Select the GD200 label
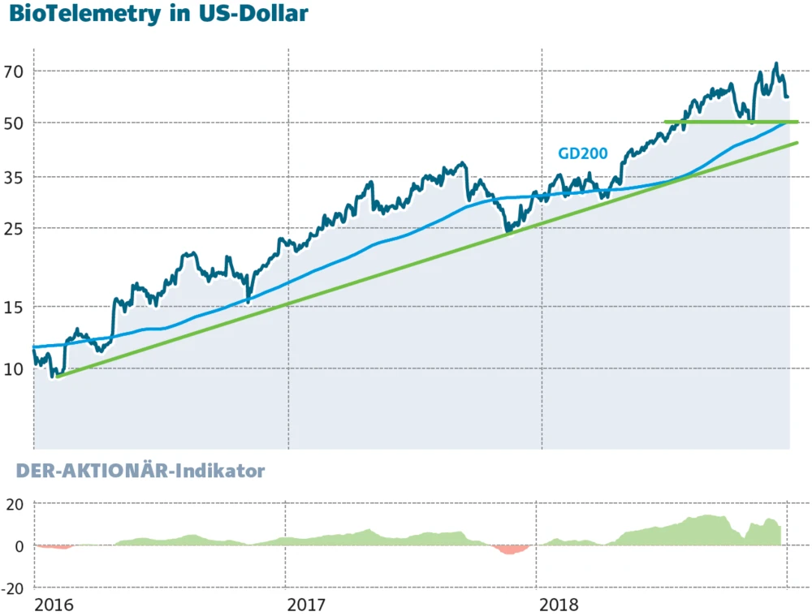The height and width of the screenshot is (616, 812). pyautogui.click(x=582, y=153)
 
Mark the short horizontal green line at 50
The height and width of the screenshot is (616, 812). pyautogui.click(x=731, y=122)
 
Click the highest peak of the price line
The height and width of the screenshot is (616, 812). pyautogui.click(x=776, y=64)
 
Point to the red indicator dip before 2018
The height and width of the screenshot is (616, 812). pyautogui.click(x=510, y=549)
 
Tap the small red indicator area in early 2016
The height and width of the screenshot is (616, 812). pyautogui.click(x=55, y=547)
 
